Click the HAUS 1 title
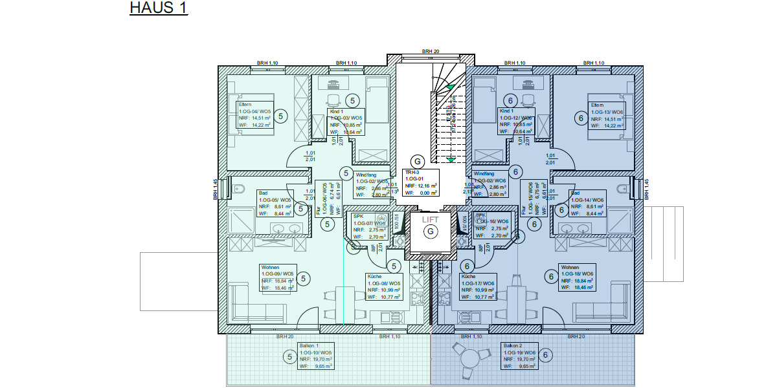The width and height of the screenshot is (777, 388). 159,8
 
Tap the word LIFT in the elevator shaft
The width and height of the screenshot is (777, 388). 430,220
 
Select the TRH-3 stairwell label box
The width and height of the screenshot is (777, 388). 421,182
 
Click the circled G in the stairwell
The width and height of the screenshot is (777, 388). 418,161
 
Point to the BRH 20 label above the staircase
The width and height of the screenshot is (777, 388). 431,50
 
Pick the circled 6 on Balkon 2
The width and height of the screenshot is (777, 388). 545,354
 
